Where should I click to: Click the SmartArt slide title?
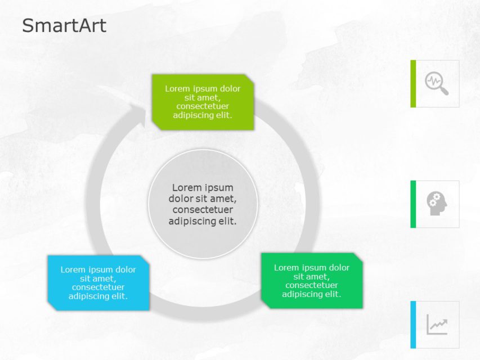pos(64,26)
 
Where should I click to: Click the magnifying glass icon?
pos(437,83)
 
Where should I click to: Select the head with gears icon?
pos(437,204)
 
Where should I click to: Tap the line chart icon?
pos(437,324)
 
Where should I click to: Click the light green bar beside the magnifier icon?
pos(413,83)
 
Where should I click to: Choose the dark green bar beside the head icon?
pos(413,204)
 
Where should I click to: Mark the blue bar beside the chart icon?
pos(413,324)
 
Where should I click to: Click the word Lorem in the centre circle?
pos(186,187)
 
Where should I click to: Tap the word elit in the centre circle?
pos(226,221)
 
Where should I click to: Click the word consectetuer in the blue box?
pos(98,287)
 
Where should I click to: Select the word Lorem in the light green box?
pos(177,89)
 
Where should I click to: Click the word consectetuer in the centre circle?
pos(203,210)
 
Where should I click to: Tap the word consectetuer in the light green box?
pos(203,106)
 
